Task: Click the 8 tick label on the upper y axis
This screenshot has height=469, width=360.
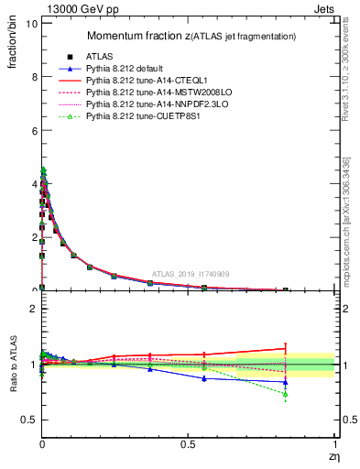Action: click(x=34, y=77)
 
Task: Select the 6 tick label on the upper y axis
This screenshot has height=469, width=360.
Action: click(x=34, y=130)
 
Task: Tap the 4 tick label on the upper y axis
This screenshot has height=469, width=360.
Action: click(x=34, y=183)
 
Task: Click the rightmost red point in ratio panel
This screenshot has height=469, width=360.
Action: click(x=286, y=348)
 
